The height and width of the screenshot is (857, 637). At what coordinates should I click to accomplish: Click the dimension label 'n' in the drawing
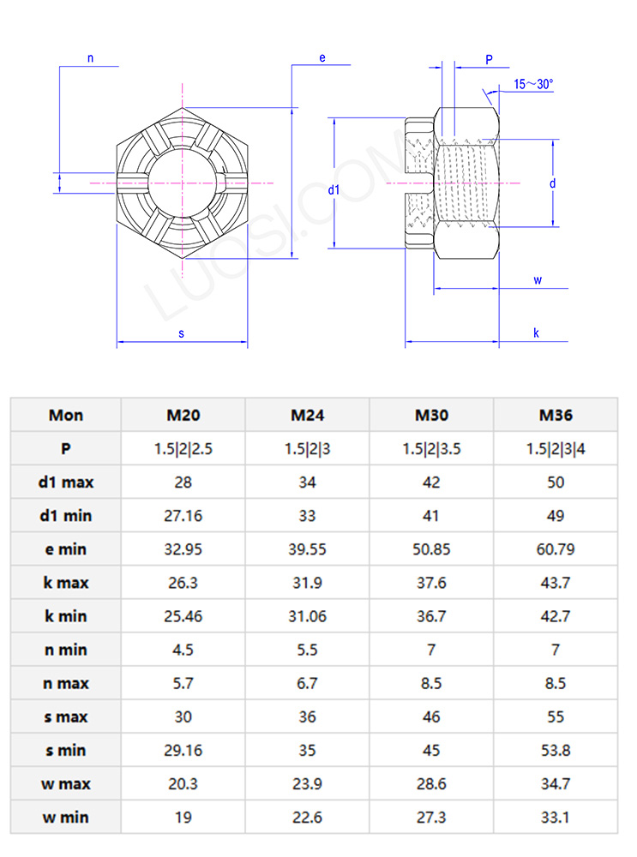tap(91, 58)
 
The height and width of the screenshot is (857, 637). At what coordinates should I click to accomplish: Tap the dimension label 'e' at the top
tap(322, 57)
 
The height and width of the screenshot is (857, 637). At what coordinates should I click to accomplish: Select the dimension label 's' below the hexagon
tap(182, 333)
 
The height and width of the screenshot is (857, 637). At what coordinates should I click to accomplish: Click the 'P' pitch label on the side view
tap(489, 59)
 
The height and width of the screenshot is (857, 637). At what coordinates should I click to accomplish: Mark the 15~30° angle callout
tap(533, 84)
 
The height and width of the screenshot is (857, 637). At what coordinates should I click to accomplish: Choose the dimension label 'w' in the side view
tap(537, 280)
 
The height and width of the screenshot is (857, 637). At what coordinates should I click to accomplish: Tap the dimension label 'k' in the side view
tap(537, 333)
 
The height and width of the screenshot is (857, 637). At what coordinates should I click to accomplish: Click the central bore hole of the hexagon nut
tap(182, 182)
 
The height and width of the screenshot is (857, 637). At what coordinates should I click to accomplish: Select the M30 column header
tap(431, 416)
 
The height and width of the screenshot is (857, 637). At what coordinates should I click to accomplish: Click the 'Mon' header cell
tap(66, 416)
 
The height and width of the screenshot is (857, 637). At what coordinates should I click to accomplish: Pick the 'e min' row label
tap(66, 549)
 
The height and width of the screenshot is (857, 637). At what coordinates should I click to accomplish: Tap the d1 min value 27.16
tap(183, 516)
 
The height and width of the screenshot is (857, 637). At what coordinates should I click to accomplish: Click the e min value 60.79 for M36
tap(556, 549)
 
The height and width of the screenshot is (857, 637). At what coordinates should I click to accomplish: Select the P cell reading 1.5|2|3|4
tap(556, 449)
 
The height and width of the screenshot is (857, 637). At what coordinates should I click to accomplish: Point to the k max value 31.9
tap(307, 583)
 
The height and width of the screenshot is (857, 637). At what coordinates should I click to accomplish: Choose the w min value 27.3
tap(431, 818)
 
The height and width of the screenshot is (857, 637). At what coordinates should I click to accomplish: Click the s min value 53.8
tap(556, 751)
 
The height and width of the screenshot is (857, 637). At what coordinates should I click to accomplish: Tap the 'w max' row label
tap(66, 784)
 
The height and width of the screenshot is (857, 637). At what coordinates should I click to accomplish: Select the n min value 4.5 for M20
tap(183, 650)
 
